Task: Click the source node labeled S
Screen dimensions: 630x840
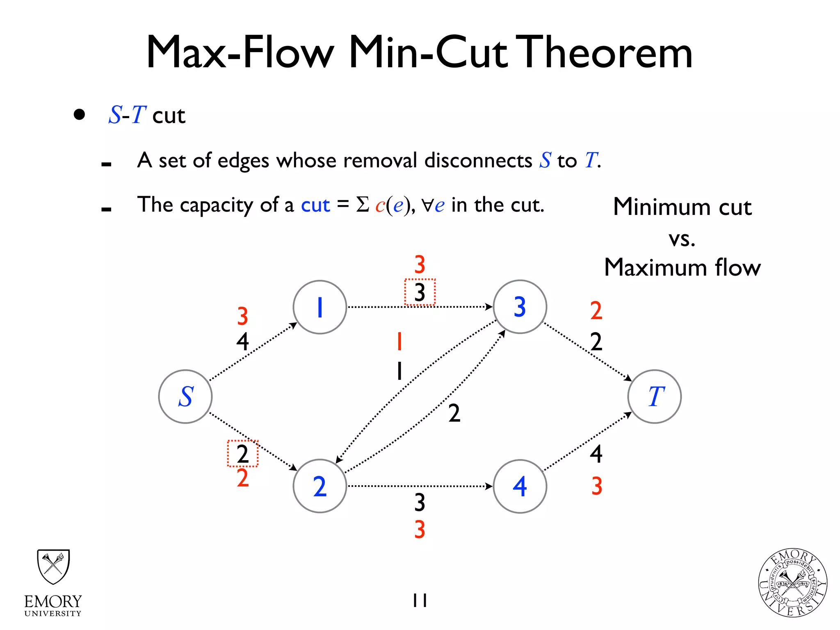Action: pyautogui.click(x=185, y=397)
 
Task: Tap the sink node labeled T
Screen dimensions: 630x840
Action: pyautogui.click(x=655, y=397)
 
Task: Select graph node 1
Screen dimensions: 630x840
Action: pyautogui.click(x=320, y=307)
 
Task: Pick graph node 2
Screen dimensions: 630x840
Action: pyautogui.click(x=320, y=486)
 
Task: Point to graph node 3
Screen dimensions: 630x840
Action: pyautogui.click(x=520, y=307)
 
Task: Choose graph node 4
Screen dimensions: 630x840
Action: pyautogui.click(x=520, y=486)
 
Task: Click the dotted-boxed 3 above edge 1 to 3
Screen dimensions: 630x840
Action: pyautogui.click(x=420, y=292)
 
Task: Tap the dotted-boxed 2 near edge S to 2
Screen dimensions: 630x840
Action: pyautogui.click(x=243, y=454)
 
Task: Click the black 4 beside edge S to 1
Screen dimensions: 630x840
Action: pyautogui.click(x=243, y=341)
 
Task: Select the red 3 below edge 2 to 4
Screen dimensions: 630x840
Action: pyautogui.click(x=420, y=530)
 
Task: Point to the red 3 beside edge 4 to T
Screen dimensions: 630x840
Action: pyautogui.click(x=597, y=486)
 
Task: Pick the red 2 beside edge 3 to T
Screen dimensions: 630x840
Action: pyautogui.click(x=596, y=310)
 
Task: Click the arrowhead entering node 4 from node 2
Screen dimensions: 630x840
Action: pyautogui.click(x=489, y=486)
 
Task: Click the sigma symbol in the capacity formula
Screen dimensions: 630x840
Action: pyautogui.click(x=363, y=204)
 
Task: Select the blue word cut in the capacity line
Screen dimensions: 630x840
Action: pyautogui.click(x=315, y=205)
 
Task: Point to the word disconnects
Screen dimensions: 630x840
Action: pyautogui.click(x=478, y=160)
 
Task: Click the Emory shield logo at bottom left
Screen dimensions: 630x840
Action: pyautogui.click(x=53, y=567)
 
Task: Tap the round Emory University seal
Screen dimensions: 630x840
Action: pyautogui.click(x=792, y=583)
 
